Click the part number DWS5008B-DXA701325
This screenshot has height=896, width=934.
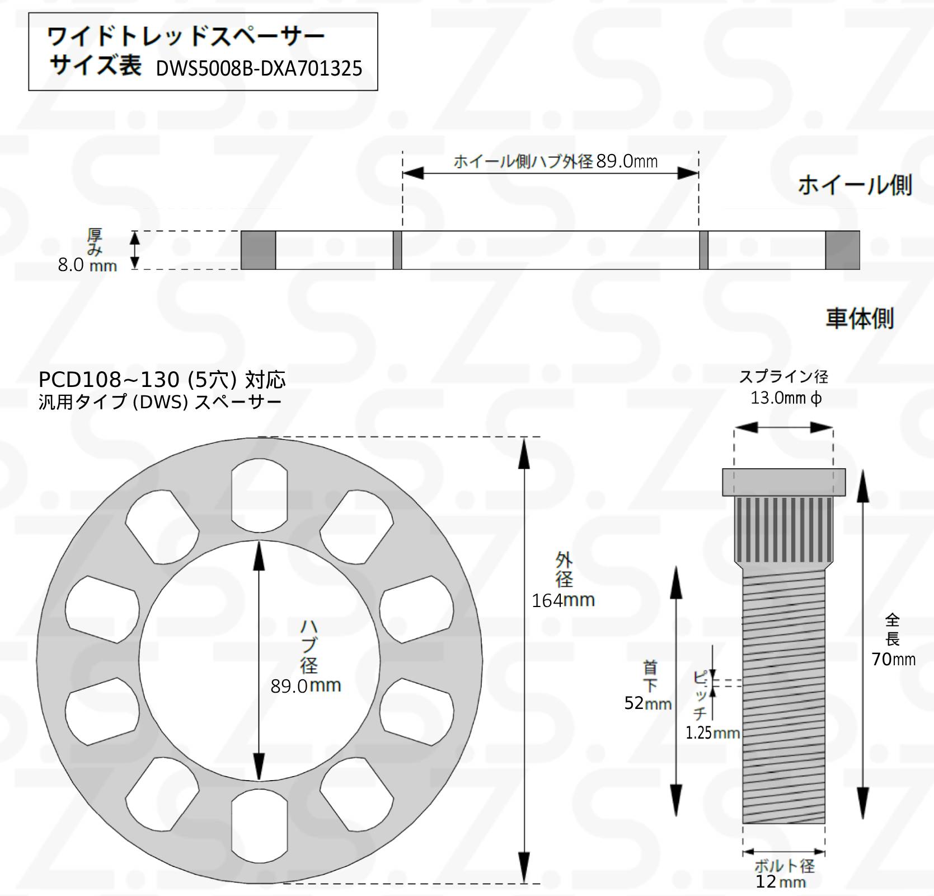tap(259, 69)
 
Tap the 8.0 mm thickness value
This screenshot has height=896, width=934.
tap(88, 265)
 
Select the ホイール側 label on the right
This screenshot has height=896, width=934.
tap(855, 185)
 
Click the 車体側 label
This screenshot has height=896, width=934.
tap(860, 318)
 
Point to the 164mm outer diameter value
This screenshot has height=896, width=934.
tap(563, 600)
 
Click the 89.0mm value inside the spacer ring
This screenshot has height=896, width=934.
tap(306, 685)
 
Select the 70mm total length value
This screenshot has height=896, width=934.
tap(893, 659)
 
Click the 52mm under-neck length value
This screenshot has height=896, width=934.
tap(648, 703)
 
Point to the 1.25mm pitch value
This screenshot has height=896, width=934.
tap(712, 732)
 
